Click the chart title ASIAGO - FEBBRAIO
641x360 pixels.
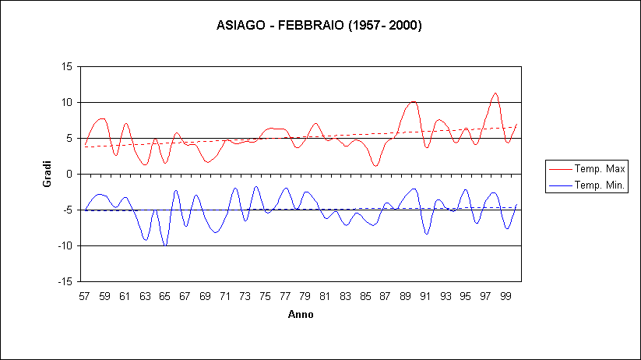pos(319,26)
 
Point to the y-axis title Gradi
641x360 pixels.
pos(47,174)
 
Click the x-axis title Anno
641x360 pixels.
pos(300,315)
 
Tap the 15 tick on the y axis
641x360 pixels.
pos(66,67)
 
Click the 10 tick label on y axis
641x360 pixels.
pos(66,103)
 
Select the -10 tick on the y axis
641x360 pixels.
pos(65,246)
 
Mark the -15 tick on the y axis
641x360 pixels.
pos(65,282)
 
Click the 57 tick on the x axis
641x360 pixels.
pos(85,296)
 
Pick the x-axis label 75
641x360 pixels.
pos(265,296)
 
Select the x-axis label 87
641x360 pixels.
pos(385,296)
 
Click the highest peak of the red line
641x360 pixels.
pos(495,94)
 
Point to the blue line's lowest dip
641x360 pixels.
pos(165,245)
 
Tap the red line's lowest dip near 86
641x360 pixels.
pos(375,166)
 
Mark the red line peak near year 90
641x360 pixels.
pos(414,101)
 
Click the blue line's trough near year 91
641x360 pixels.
pos(426,233)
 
